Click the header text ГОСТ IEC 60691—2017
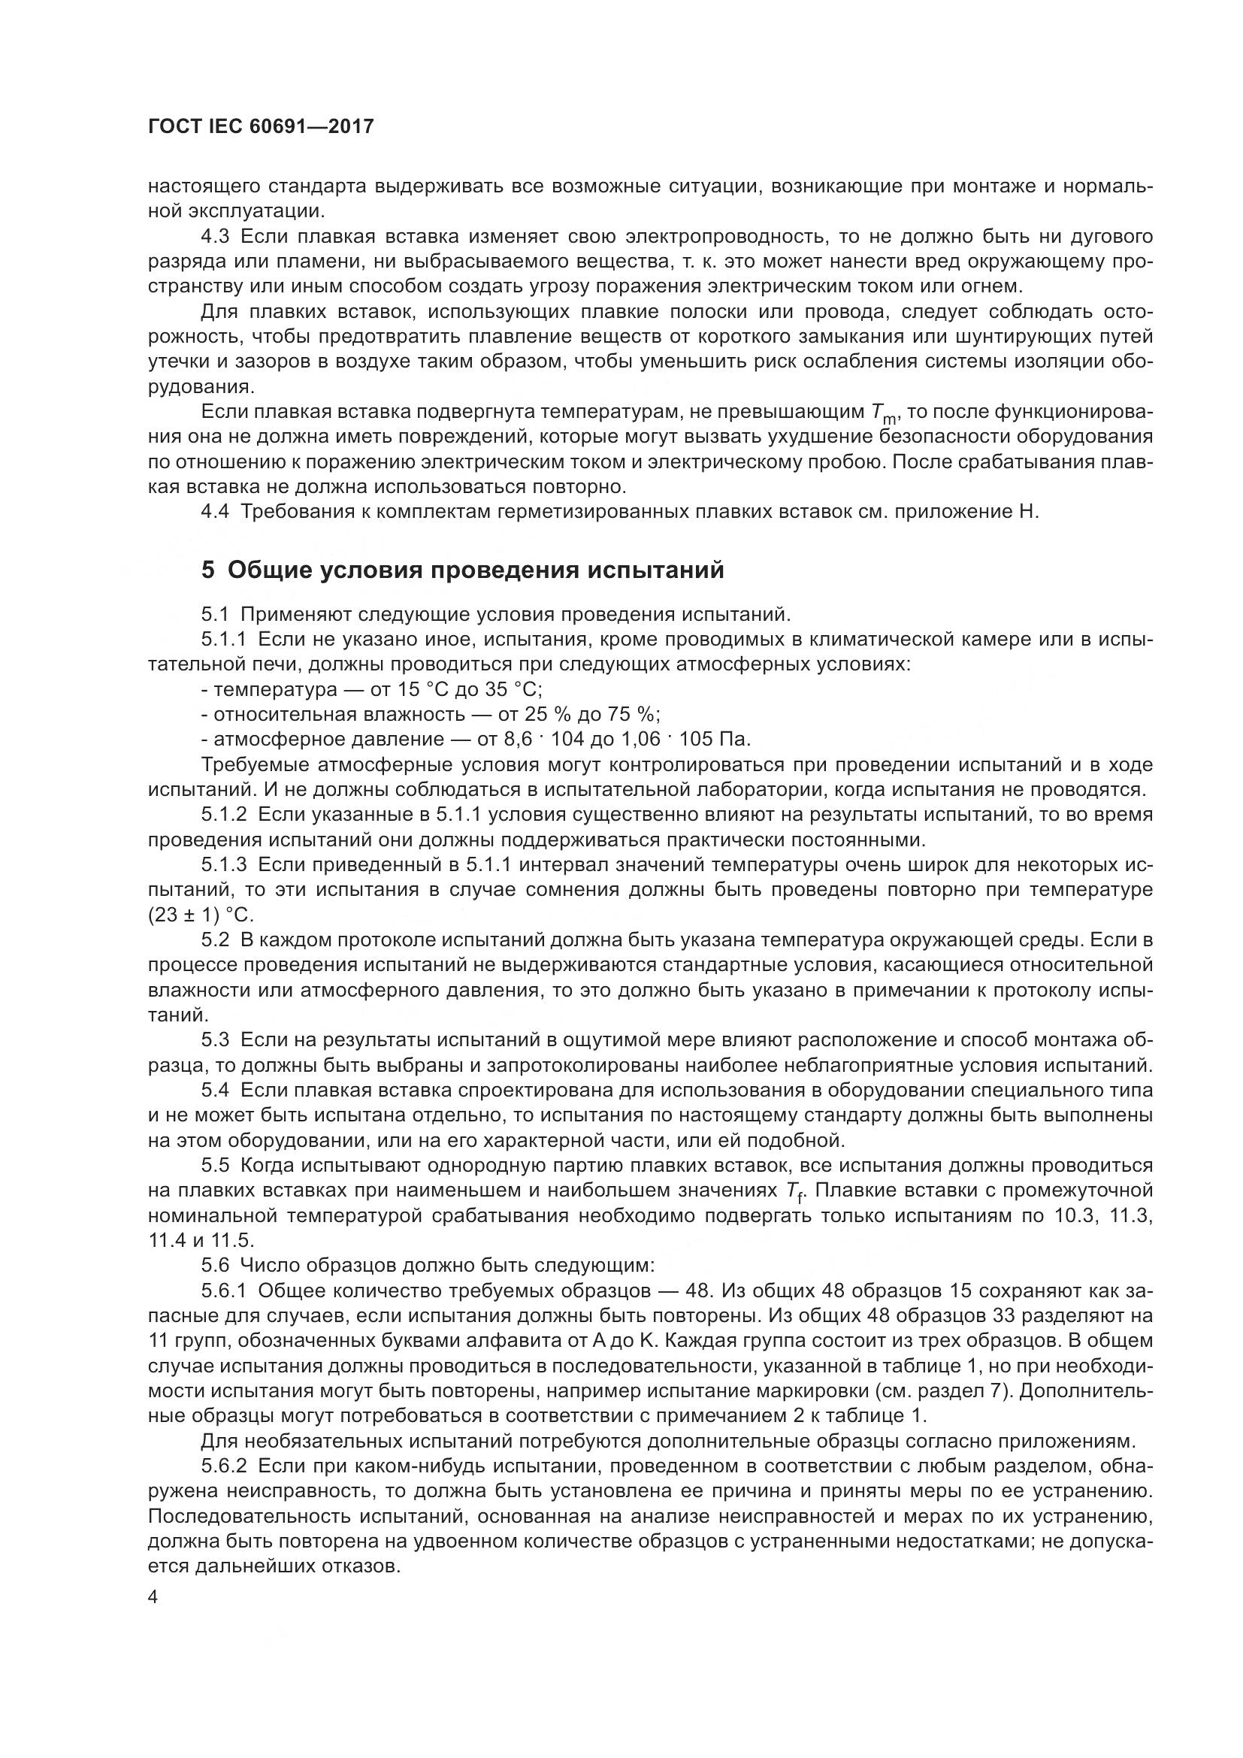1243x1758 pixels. (261, 126)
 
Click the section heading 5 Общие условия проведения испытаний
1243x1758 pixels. (462, 570)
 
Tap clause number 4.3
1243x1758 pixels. (216, 236)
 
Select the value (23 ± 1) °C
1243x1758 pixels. (201, 915)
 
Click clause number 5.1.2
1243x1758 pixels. (224, 815)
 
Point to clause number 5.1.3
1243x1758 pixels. (224, 865)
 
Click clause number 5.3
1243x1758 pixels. (216, 1039)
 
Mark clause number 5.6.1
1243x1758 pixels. (224, 1291)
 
